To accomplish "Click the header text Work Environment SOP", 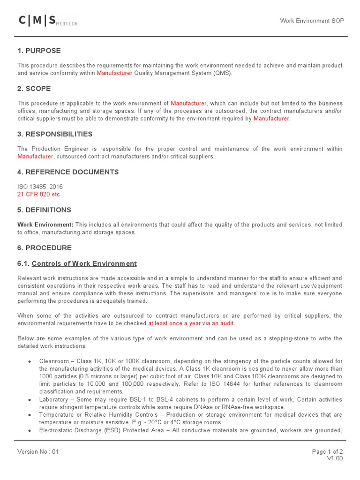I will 311,21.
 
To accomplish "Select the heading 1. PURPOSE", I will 39,51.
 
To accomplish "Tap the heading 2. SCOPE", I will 34,89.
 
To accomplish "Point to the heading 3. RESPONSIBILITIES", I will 55,134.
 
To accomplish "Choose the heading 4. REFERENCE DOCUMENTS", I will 68,172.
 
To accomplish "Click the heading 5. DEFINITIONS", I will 45,210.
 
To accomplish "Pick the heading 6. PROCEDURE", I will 45,247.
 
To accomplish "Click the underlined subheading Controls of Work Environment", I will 84,263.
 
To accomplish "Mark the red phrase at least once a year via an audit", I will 191,323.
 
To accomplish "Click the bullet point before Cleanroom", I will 30,361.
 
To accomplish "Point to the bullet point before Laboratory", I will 30,400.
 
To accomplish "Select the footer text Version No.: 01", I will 38,452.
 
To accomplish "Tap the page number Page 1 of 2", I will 327,452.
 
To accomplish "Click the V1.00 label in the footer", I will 335,458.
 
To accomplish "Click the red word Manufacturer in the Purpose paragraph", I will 114,73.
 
